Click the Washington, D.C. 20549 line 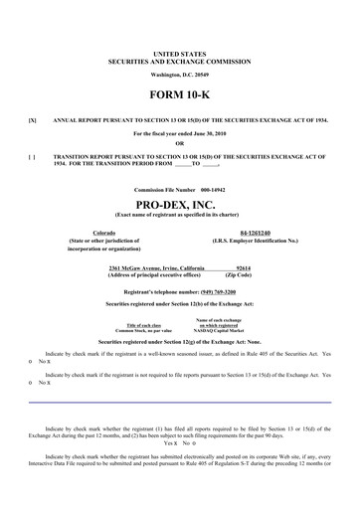coord(180,75)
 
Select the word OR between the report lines coord(180,142)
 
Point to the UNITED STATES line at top coord(180,50)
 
